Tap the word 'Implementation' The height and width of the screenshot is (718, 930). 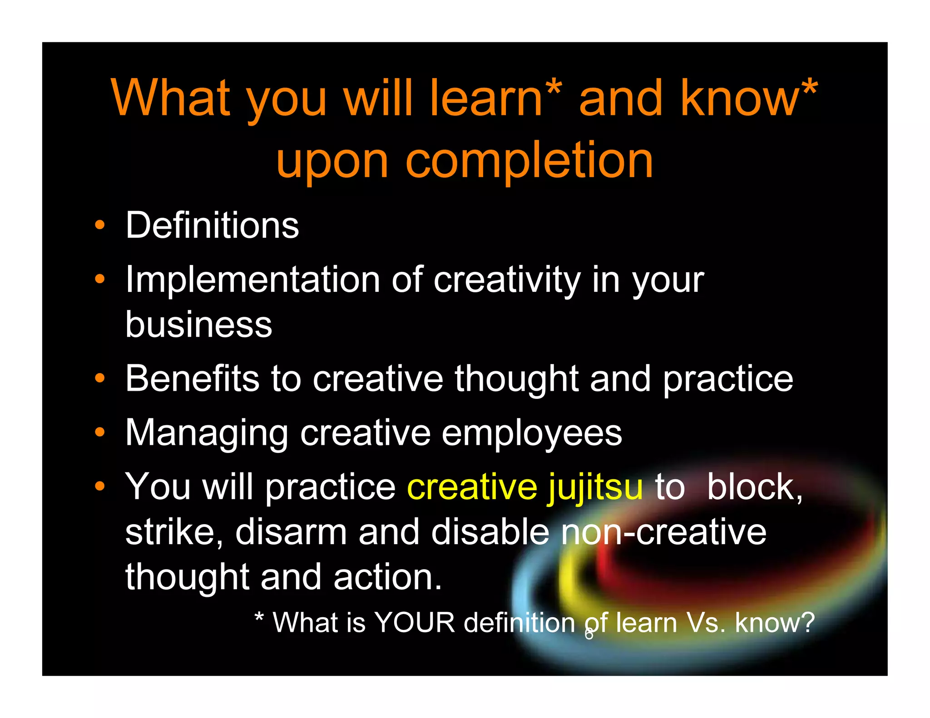click(252, 280)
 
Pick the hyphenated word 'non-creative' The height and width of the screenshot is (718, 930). click(663, 532)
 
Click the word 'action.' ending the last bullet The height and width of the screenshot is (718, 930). click(387, 577)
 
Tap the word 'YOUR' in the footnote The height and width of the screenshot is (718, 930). click(415, 622)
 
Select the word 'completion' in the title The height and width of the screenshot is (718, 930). click(529, 160)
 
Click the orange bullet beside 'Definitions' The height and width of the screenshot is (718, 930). click(100, 225)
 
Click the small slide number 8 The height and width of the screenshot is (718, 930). click(589, 634)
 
